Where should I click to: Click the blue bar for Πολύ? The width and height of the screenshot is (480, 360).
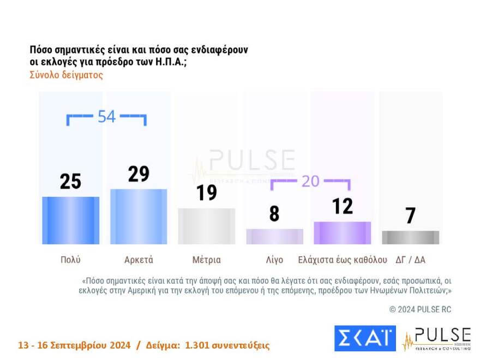tap(71, 220)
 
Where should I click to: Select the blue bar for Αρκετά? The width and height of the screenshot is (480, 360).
tap(139, 217)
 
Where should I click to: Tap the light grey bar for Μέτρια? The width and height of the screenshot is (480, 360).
tap(207, 226)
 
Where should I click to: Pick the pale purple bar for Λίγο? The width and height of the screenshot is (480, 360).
tap(274, 236)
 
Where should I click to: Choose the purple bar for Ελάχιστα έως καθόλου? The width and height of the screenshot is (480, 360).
tap(342, 233)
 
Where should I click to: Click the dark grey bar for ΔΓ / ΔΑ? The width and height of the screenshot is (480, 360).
tap(410, 237)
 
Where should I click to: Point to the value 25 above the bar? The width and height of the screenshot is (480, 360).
tap(71, 181)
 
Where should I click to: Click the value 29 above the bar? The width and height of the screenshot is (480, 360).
tap(139, 173)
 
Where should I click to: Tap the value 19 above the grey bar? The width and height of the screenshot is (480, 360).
tap(207, 193)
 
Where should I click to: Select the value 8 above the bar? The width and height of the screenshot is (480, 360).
tap(274, 213)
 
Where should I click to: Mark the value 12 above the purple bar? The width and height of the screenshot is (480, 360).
tap(342, 206)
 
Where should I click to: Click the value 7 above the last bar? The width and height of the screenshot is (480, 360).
tap(410, 215)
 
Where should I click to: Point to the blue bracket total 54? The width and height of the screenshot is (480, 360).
tap(106, 116)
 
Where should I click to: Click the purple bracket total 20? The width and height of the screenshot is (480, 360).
tap(310, 181)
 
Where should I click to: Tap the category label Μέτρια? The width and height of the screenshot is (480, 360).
tap(207, 260)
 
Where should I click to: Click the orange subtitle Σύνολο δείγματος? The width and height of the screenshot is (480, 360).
tap(66, 75)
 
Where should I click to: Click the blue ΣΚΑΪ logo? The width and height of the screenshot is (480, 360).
tap(364, 338)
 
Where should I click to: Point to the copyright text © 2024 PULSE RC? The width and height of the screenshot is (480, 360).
tap(420, 309)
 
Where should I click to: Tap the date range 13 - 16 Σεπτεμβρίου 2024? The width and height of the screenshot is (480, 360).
tap(74, 345)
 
